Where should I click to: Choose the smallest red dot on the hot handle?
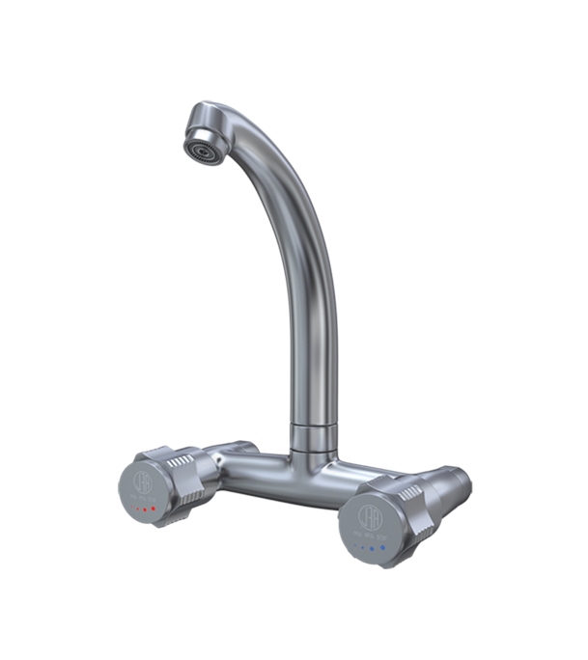[130, 508]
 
